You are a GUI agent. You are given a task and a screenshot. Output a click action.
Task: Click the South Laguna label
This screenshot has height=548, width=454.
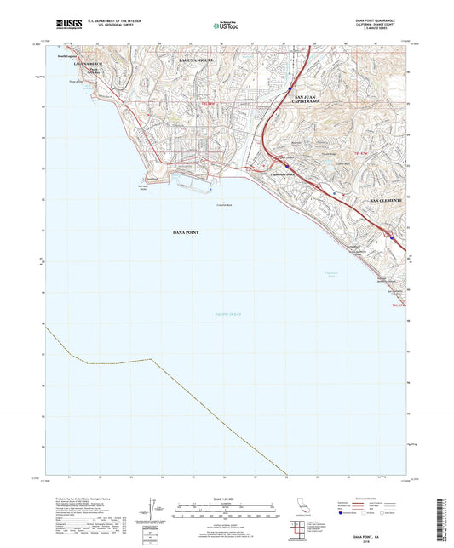pos(67,55)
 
